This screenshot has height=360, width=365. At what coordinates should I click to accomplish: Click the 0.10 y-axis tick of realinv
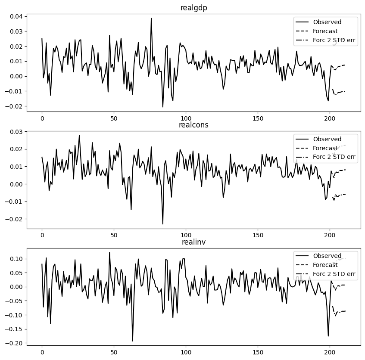14,259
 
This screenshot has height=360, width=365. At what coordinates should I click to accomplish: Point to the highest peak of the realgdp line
151,19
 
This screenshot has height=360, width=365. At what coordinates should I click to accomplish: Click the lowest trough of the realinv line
132,341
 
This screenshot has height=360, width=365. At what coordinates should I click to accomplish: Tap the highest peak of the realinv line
109,252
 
